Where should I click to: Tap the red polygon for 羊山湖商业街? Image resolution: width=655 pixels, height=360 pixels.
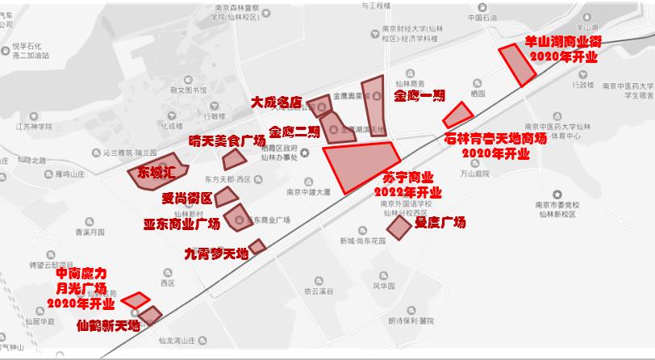(517, 64)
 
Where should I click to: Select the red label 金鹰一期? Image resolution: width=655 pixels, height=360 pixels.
(419, 95)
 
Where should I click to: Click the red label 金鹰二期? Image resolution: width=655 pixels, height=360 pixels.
(294, 132)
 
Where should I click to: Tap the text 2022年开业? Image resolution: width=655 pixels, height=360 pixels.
(407, 192)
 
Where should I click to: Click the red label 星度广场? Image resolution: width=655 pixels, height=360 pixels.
(440, 222)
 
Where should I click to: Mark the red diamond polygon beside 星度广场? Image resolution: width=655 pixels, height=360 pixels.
(399, 228)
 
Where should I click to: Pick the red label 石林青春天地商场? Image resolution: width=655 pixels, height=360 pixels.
(495, 139)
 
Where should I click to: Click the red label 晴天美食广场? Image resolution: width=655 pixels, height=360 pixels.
(227, 141)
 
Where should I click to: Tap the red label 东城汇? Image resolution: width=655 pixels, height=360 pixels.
(156, 172)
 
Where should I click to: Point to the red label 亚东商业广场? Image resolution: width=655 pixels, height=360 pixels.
(181, 224)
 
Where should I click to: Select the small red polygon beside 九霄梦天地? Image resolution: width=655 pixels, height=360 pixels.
(257, 246)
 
